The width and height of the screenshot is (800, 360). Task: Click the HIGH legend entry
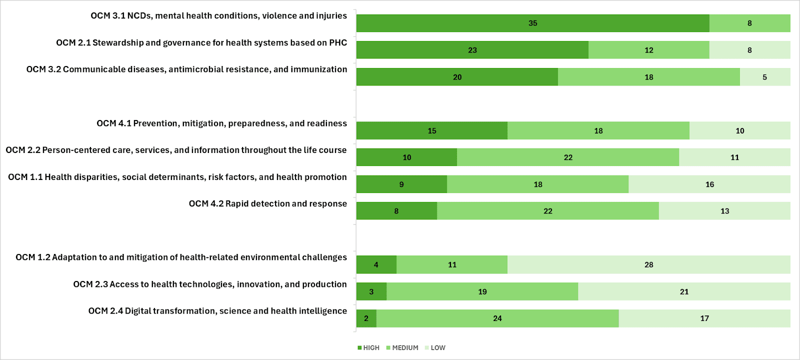[x=368, y=348]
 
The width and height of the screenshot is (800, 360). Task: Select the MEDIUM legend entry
[x=402, y=348]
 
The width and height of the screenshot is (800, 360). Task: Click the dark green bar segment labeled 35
[x=532, y=23]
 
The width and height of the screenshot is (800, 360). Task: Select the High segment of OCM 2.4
[x=366, y=318]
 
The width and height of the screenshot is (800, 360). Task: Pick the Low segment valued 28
[x=648, y=265]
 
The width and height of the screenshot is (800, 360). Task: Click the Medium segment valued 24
[x=497, y=318]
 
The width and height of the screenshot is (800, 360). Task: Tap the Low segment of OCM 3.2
[x=764, y=77]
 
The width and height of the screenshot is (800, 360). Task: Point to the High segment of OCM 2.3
[x=371, y=291]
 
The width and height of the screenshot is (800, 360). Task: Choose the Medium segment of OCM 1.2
[x=452, y=265]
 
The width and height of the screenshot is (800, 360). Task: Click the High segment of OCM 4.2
[x=396, y=211]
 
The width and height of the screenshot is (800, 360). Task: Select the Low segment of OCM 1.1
[x=709, y=184]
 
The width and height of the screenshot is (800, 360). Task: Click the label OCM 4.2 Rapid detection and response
[x=267, y=203]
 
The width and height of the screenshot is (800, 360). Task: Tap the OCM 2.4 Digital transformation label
[x=217, y=311]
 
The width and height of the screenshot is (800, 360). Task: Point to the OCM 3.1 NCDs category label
[x=218, y=16]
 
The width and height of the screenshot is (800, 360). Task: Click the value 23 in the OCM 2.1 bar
[x=472, y=50]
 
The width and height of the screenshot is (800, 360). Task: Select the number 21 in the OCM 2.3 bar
[x=684, y=292]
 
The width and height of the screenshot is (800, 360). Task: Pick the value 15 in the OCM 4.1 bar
[x=432, y=131]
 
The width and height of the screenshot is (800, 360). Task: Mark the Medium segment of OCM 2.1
[x=648, y=50]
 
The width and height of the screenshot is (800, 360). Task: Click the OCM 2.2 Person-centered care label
[x=176, y=150]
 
